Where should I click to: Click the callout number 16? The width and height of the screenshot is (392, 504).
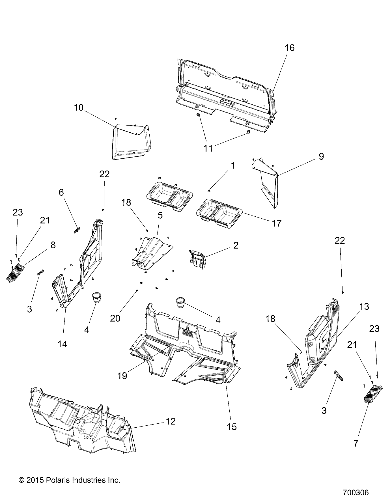click(290, 48)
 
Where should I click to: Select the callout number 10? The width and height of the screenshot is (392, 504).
click(79, 108)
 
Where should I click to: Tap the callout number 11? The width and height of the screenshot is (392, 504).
click(208, 148)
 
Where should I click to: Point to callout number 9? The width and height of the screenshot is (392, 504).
click(321, 156)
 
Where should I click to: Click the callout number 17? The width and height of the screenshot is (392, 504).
click(277, 223)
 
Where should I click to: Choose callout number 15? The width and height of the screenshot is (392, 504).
click(232, 427)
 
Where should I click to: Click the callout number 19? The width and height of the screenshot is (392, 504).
click(122, 376)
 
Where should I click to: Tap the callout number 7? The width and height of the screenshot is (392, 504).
click(356, 443)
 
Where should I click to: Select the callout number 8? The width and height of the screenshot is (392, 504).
click(53, 245)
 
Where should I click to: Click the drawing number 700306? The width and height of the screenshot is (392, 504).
click(356, 492)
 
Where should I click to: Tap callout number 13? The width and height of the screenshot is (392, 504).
click(364, 306)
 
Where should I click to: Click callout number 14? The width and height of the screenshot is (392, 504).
click(63, 344)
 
